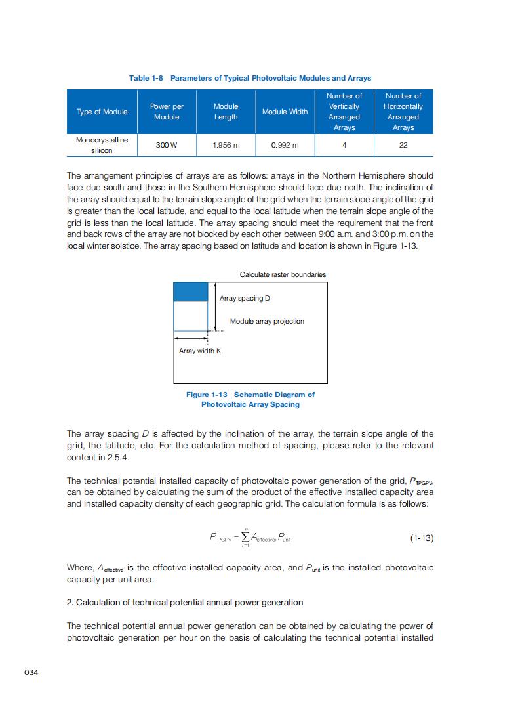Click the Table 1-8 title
tap(250, 78)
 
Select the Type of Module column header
tap(102, 112)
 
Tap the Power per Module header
tap(167, 112)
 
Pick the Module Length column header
tap(226, 112)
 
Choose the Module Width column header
tap(285, 112)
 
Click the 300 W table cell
tap(167, 145)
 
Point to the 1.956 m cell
tap(226, 145)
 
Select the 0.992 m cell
tap(285, 145)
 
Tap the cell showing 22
tap(403, 145)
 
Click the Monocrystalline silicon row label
tap(102, 145)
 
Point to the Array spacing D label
tap(245, 299)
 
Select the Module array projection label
tap(267, 321)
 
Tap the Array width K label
tap(200, 351)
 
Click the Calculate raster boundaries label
tap(283, 274)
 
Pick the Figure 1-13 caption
tap(250, 399)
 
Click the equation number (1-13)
tap(422, 538)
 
